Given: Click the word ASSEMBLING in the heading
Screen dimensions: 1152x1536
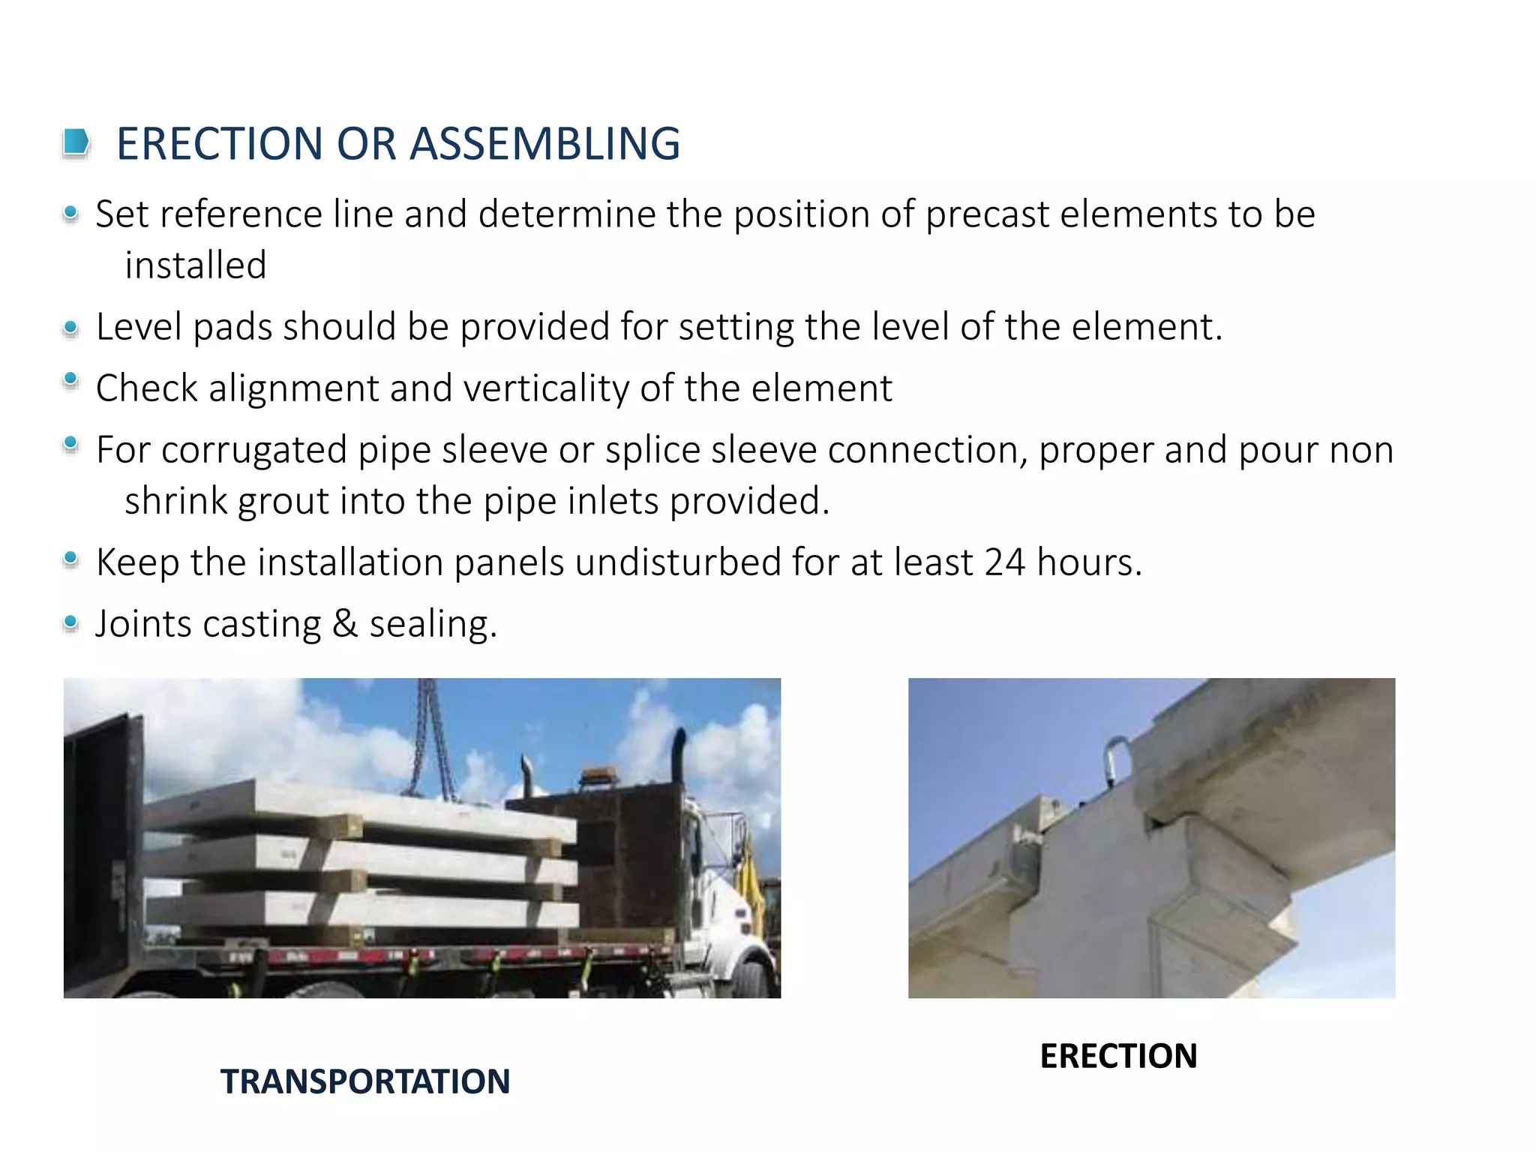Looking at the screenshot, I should tap(545, 143).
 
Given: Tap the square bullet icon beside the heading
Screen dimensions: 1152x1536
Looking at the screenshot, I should tap(76, 142).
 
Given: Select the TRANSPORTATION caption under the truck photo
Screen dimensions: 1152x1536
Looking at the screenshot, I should tap(365, 1081).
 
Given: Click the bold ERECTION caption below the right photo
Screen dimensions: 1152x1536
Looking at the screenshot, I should tap(1118, 1056).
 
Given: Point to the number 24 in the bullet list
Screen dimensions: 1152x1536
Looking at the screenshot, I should tap(1004, 562).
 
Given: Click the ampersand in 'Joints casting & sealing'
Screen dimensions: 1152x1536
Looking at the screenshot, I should tap(345, 623).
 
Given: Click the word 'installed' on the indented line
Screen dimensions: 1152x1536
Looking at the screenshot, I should tap(196, 265).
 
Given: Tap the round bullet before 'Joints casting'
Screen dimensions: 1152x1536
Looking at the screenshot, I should tap(71, 622).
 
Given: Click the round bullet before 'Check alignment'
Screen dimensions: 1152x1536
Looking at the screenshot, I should tap(71, 380).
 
